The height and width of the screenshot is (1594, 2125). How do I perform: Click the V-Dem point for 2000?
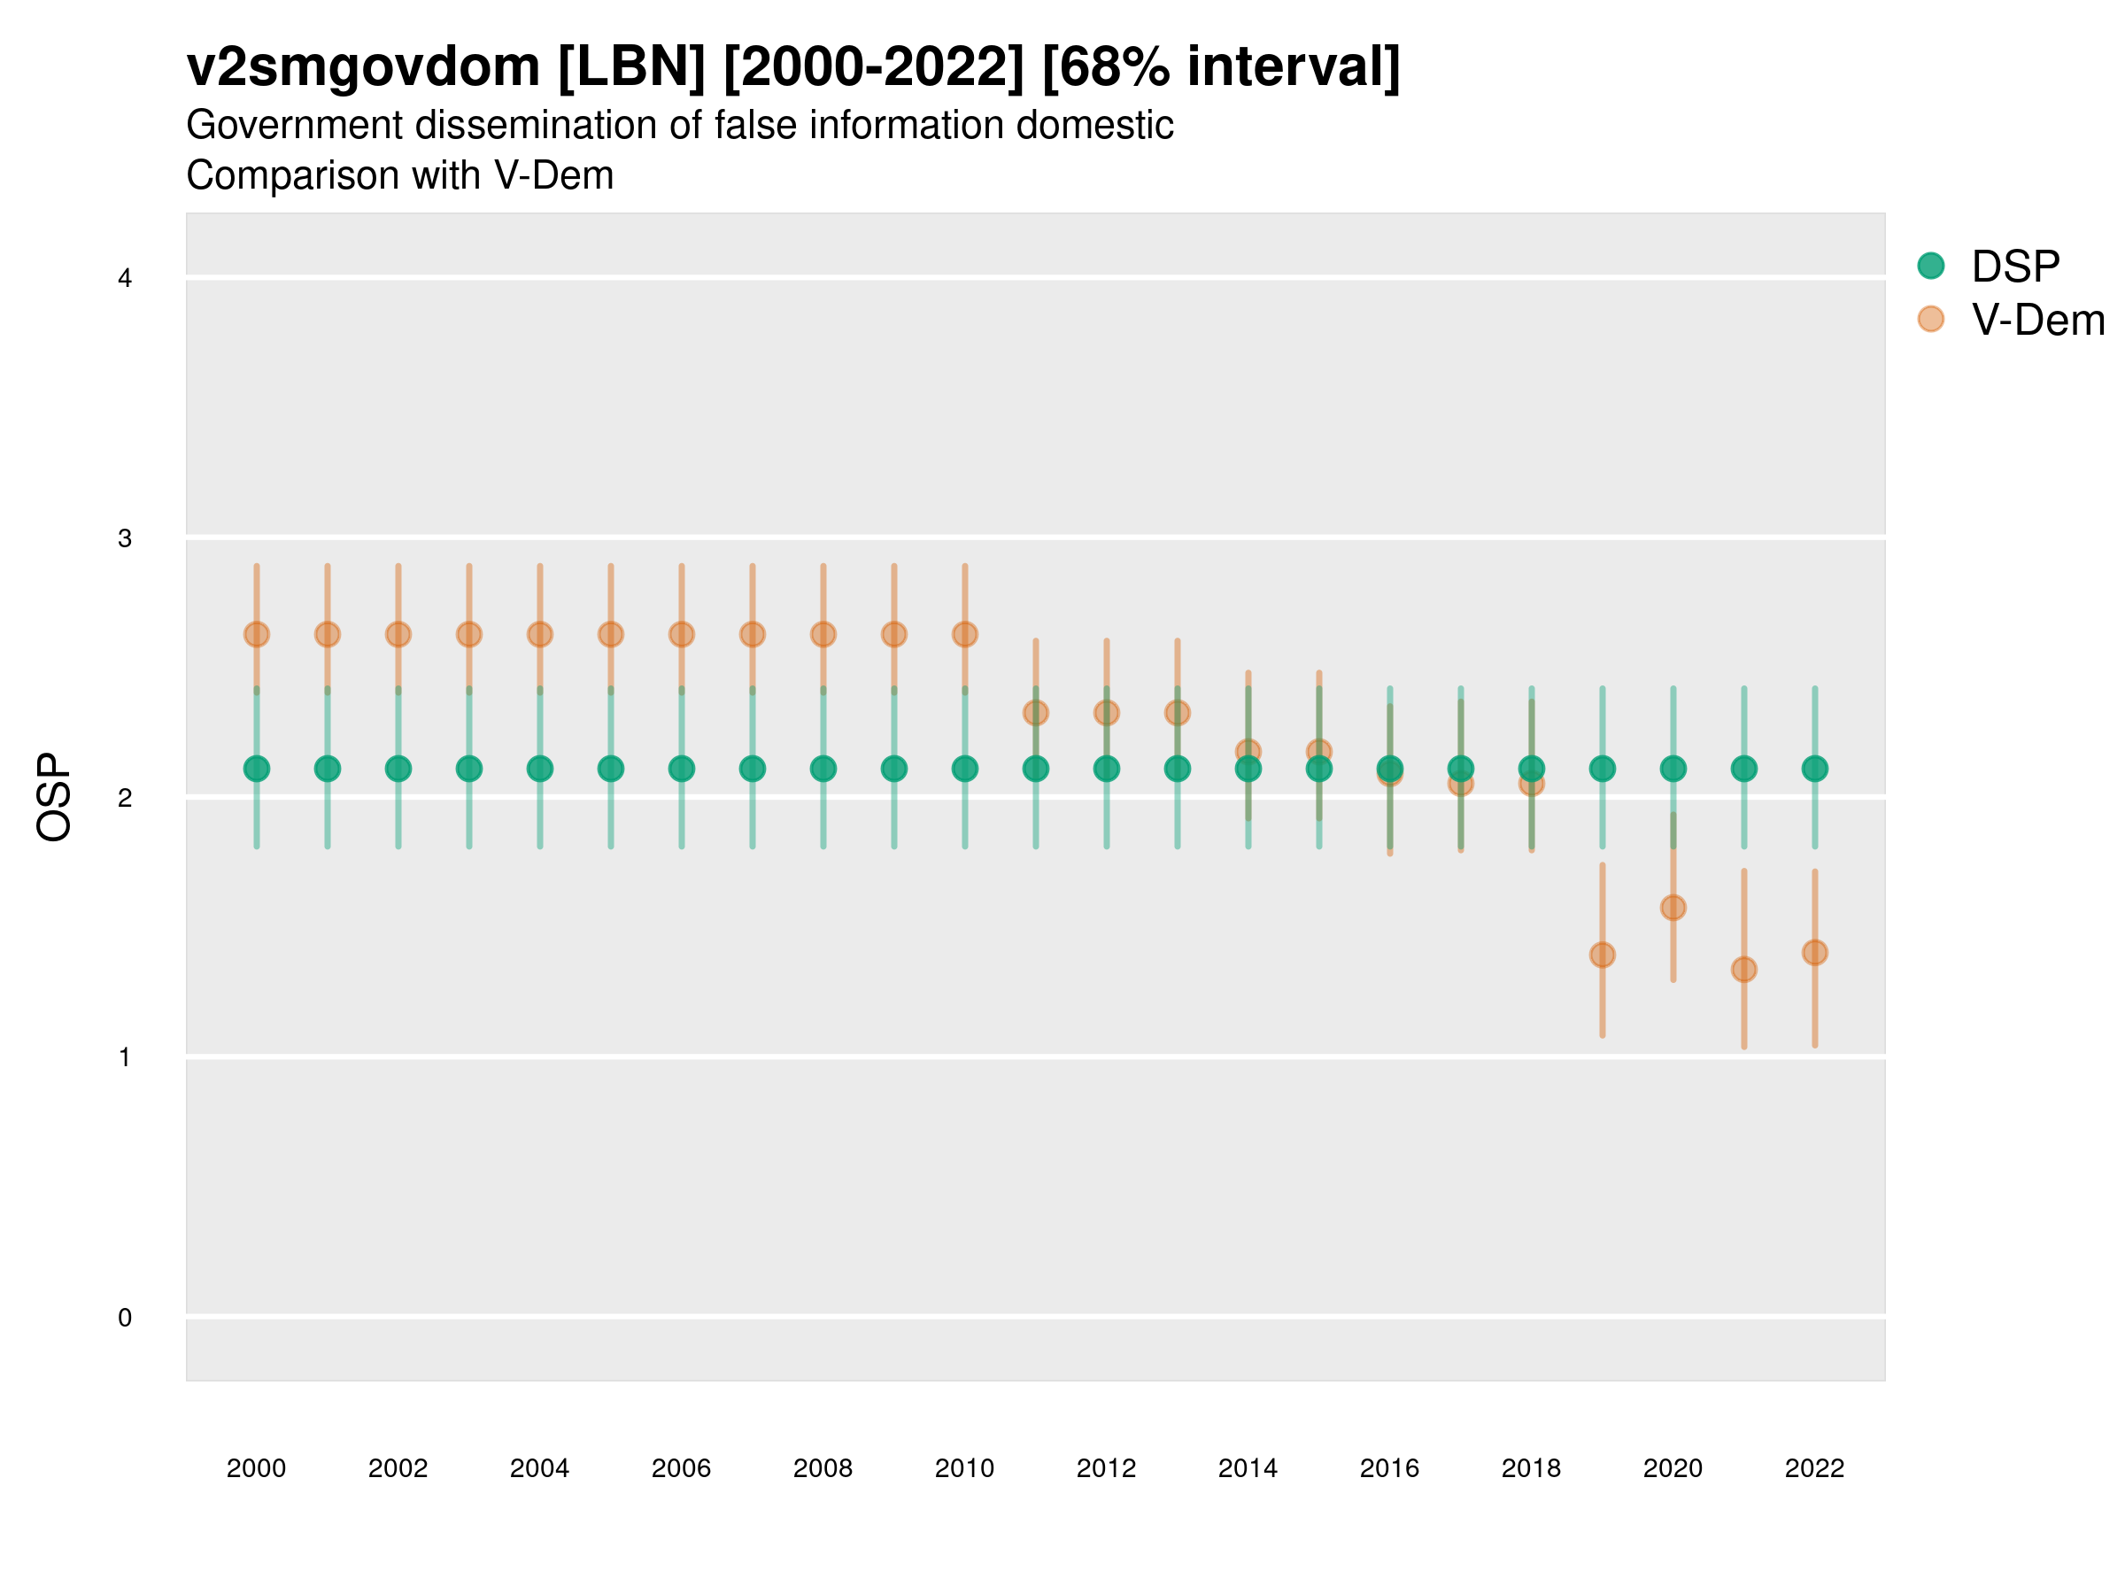pyautogui.click(x=257, y=634)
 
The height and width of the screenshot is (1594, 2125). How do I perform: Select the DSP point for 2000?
pyautogui.click(x=257, y=769)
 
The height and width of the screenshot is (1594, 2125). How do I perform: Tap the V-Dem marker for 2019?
pyautogui.click(x=1603, y=955)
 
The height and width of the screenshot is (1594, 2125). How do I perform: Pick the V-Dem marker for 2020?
pyautogui.click(x=1673, y=908)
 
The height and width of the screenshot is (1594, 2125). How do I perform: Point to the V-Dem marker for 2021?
pyautogui.click(x=1744, y=970)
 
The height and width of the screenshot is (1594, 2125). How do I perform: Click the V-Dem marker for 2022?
pyautogui.click(x=1815, y=953)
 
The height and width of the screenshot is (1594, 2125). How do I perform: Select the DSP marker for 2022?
pyautogui.click(x=1815, y=769)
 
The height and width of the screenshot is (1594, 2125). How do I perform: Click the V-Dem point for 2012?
pyautogui.click(x=1107, y=713)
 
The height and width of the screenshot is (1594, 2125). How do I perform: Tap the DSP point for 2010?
pyautogui.click(x=965, y=769)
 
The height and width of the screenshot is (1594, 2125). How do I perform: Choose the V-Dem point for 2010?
pyautogui.click(x=965, y=634)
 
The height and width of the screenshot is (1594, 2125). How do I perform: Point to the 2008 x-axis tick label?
pyautogui.click(x=823, y=1468)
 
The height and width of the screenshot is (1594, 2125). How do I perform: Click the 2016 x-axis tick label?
pyautogui.click(x=1390, y=1468)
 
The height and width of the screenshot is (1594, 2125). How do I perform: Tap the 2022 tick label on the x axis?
pyautogui.click(x=1815, y=1468)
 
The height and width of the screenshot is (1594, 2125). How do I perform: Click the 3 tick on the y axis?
pyautogui.click(x=125, y=538)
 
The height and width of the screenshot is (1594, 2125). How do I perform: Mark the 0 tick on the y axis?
pyautogui.click(x=125, y=1318)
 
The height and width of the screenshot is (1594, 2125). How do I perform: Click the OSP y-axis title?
pyautogui.click(x=54, y=798)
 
